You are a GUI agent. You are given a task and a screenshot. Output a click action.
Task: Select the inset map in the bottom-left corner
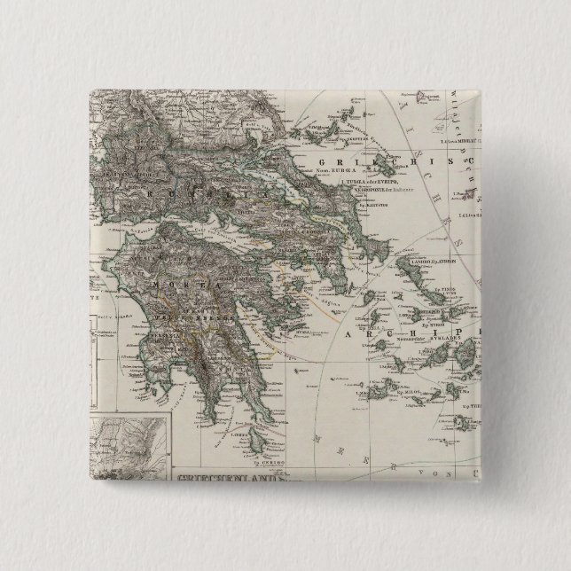point(134,434)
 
